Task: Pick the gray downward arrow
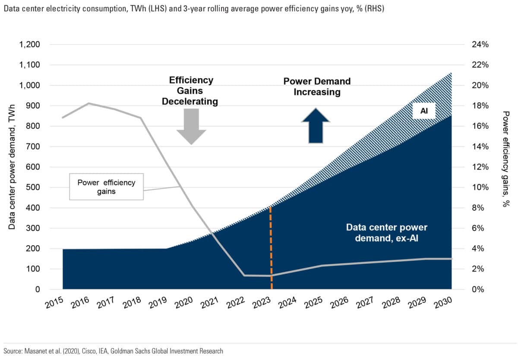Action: coord(191,126)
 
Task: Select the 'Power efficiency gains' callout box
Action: coord(106,187)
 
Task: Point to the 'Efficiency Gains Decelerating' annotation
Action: coord(191,91)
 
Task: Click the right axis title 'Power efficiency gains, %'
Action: coord(506,159)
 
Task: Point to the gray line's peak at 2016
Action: coord(88,103)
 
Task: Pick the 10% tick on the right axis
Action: coord(476,187)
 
